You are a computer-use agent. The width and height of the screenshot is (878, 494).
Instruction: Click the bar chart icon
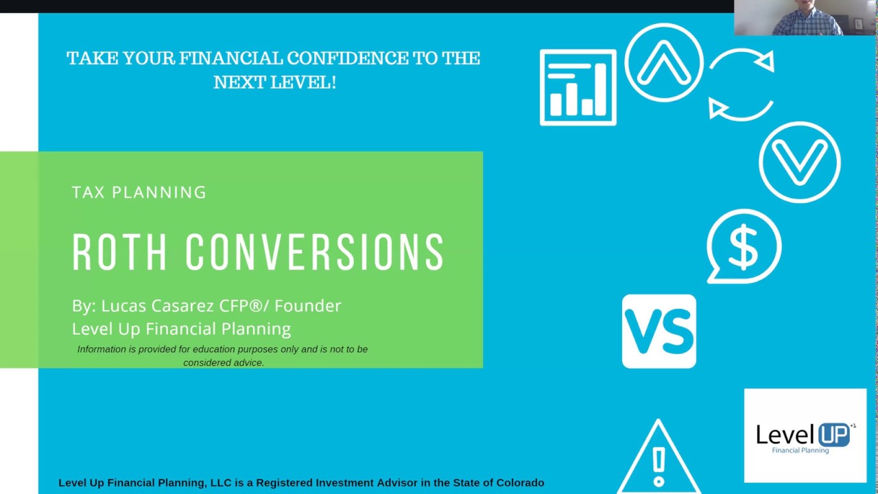click(x=578, y=87)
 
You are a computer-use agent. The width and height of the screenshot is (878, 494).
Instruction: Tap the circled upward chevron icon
click(x=663, y=62)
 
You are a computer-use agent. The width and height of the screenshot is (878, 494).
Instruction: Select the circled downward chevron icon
click(x=799, y=162)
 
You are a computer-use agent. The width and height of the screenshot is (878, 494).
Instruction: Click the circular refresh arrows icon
click(x=741, y=84)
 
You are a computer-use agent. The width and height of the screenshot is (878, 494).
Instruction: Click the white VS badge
click(x=658, y=331)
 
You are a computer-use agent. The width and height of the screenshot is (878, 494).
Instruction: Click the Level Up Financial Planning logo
click(x=805, y=436)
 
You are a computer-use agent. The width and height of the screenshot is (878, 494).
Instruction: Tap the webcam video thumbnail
click(x=805, y=18)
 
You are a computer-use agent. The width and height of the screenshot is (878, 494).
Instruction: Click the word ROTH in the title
click(x=119, y=252)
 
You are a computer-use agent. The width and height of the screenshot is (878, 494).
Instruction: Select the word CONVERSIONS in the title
click(x=315, y=252)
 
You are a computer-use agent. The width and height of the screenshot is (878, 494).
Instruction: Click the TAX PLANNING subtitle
click(x=139, y=193)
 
